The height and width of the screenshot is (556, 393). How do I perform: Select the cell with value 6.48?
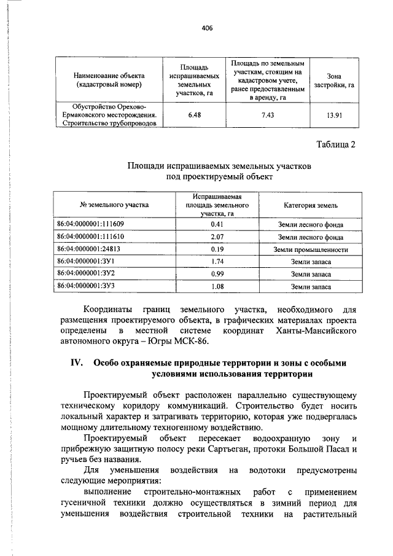(193, 114)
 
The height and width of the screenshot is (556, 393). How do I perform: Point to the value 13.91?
(334, 114)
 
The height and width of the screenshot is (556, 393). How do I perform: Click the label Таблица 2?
(335, 144)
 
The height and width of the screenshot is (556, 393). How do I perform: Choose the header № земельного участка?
(114, 205)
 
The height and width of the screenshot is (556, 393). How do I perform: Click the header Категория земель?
(310, 205)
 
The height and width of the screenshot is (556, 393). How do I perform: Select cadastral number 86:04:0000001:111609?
(90, 224)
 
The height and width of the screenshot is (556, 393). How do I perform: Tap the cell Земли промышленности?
(311, 249)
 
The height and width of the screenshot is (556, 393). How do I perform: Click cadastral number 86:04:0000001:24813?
(88, 249)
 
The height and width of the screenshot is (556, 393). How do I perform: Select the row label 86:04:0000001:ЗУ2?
(86, 274)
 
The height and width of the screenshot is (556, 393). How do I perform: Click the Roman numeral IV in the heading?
(74, 362)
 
